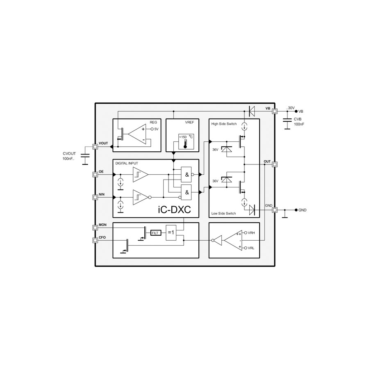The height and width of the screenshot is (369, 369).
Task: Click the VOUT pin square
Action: tap(95, 147)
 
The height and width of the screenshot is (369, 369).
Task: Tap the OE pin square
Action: tap(95, 174)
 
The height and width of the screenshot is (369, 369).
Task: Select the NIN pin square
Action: tap(95, 197)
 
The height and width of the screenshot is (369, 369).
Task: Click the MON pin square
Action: tap(95, 228)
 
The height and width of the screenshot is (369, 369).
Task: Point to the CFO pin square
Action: tap(95, 240)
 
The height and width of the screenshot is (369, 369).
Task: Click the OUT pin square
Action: tap(274, 164)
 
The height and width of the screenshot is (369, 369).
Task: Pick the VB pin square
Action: tap(274, 111)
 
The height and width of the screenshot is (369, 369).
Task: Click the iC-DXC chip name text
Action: tap(174, 210)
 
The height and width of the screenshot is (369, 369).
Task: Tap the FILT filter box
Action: tap(155, 233)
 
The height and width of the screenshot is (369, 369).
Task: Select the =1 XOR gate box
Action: tap(171, 233)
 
